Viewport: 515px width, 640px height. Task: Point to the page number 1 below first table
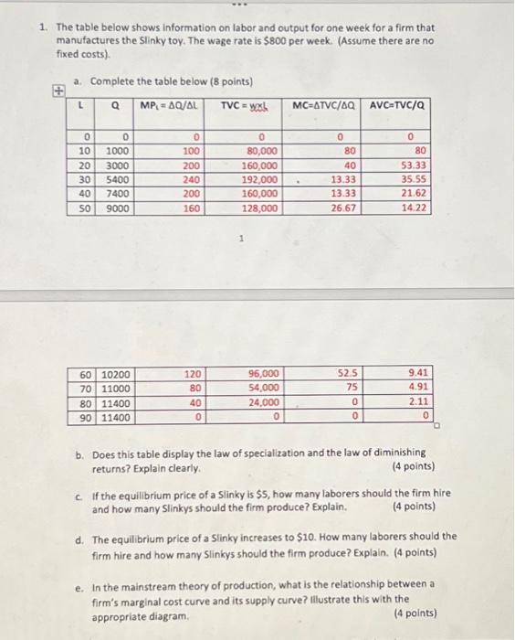(239, 240)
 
